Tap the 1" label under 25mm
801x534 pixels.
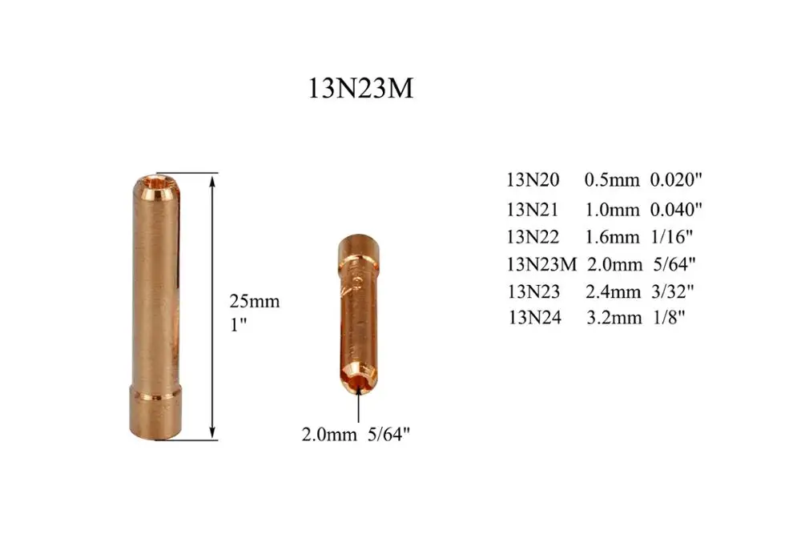(x=238, y=325)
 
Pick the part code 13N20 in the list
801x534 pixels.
(x=534, y=181)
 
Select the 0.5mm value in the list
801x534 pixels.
(x=612, y=181)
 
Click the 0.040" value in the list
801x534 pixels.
(x=677, y=209)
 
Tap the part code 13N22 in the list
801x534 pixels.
(x=534, y=236)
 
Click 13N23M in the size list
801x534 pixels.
(x=542, y=263)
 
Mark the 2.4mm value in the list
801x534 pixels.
(x=614, y=290)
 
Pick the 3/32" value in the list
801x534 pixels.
(x=672, y=290)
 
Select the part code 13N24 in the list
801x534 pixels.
(x=535, y=317)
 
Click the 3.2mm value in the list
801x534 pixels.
(x=614, y=317)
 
